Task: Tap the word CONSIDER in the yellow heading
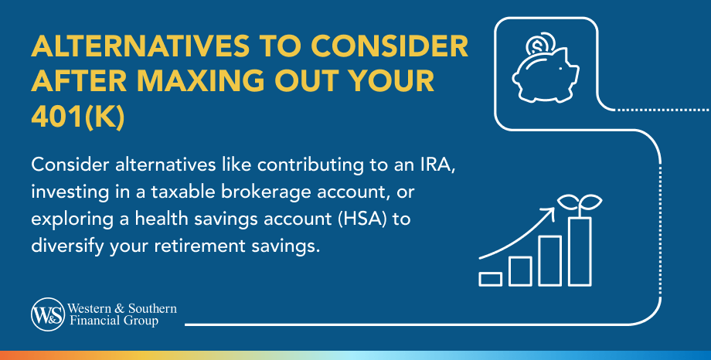390,46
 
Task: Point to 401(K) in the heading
77,117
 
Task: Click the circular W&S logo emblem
48,314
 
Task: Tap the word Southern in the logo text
152,309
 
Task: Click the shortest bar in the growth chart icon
490,280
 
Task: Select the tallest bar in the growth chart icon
580,252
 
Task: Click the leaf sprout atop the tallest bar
580,204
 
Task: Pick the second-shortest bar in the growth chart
520,271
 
